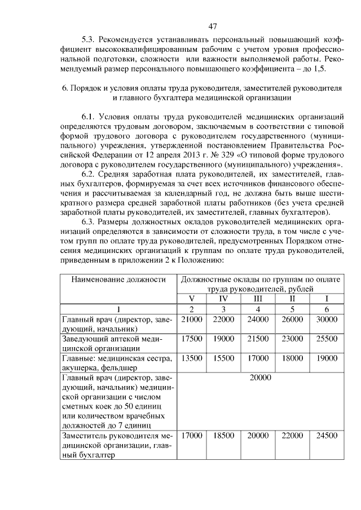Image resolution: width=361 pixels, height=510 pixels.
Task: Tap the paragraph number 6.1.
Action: [x=89, y=117]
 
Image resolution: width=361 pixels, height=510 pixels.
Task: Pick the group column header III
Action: [x=258, y=298]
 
